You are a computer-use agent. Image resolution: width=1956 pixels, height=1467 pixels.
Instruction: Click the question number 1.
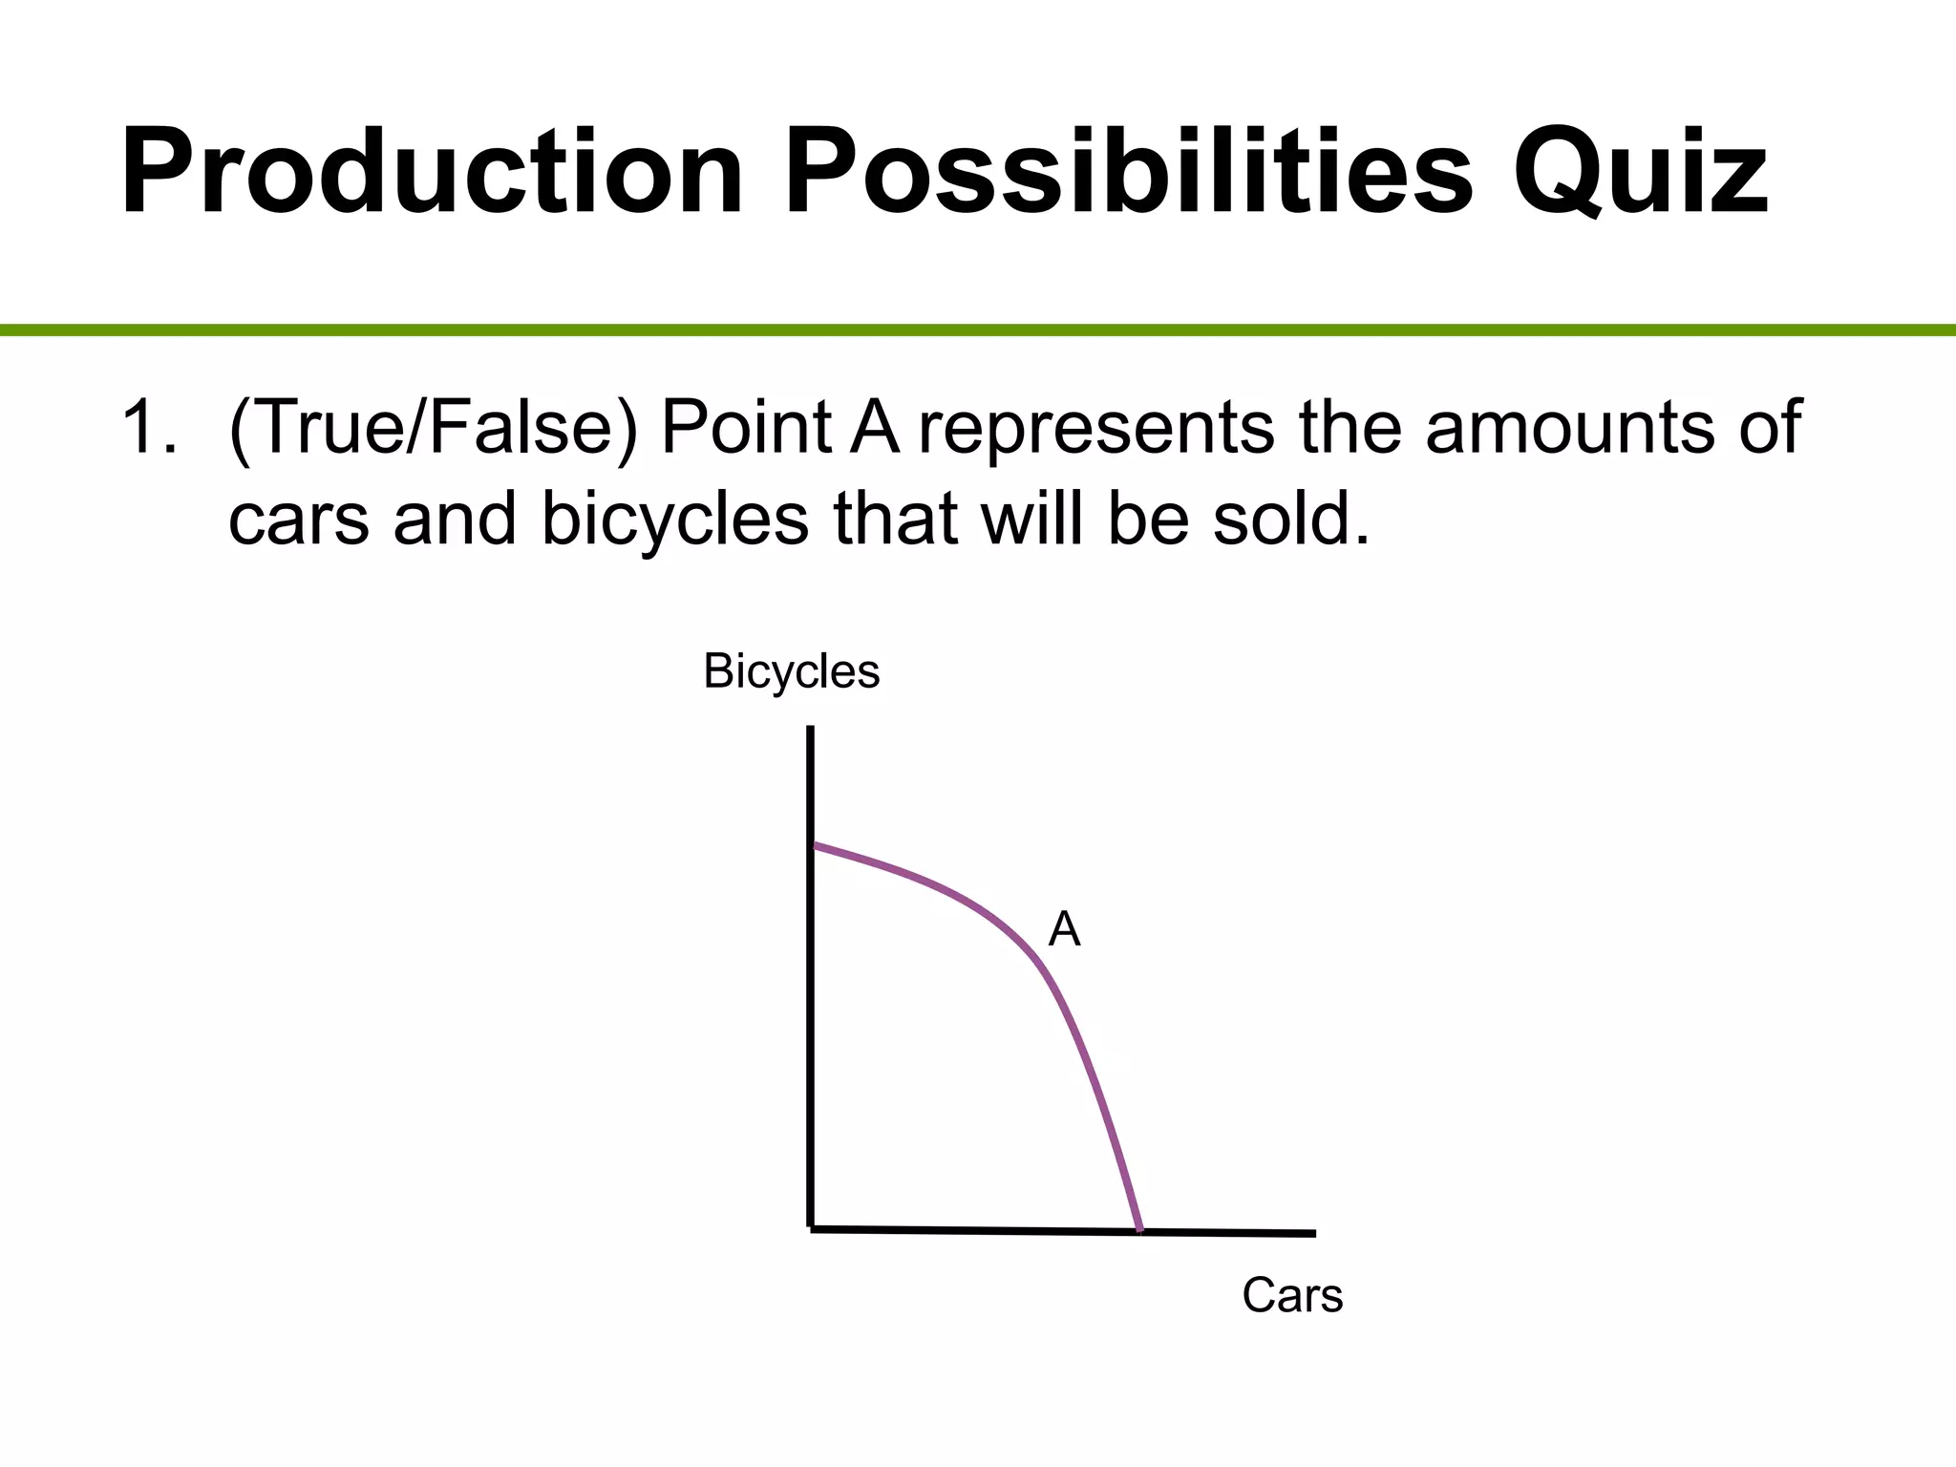[148, 427]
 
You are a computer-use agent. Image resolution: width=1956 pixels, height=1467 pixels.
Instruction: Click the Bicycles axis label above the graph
[791, 671]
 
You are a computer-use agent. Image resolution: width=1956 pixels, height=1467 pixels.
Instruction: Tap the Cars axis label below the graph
[1292, 1296]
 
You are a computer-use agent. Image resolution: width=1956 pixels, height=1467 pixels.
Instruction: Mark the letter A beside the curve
[1064, 929]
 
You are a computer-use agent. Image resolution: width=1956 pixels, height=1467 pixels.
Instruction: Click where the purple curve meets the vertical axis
[812, 845]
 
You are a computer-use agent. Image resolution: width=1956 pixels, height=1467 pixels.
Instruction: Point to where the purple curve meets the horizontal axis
[1139, 1230]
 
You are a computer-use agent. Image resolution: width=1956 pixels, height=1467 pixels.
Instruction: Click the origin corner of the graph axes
[811, 1228]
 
